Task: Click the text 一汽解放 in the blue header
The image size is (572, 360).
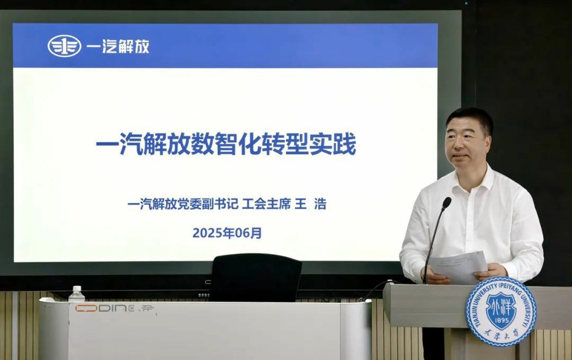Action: [118, 46]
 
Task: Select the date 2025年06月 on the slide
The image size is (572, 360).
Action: [227, 233]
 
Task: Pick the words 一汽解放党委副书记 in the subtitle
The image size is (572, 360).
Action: [183, 205]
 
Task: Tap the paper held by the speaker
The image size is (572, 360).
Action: [458, 266]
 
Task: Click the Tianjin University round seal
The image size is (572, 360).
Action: [501, 311]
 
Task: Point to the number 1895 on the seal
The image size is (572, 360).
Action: [500, 323]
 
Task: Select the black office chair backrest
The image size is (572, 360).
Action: [256, 277]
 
